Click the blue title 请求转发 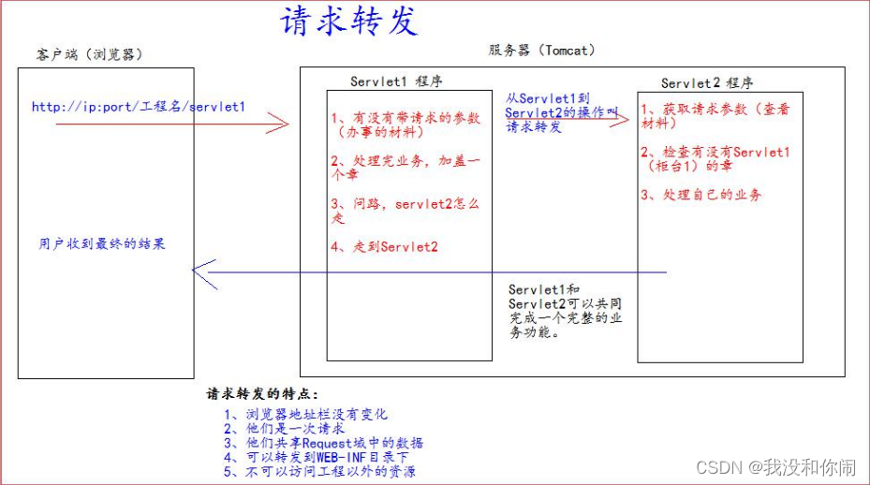click(x=348, y=22)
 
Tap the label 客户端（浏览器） click(x=91, y=53)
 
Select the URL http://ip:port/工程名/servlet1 click(x=139, y=107)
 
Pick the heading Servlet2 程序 click(x=708, y=83)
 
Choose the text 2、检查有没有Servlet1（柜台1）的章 click(x=715, y=158)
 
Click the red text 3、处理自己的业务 click(x=701, y=195)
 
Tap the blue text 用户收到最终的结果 click(x=102, y=243)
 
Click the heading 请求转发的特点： click(x=262, y=394)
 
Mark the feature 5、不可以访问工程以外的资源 click(x=319, y=471)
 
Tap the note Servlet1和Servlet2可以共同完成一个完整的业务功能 click(x=566, y=311)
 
